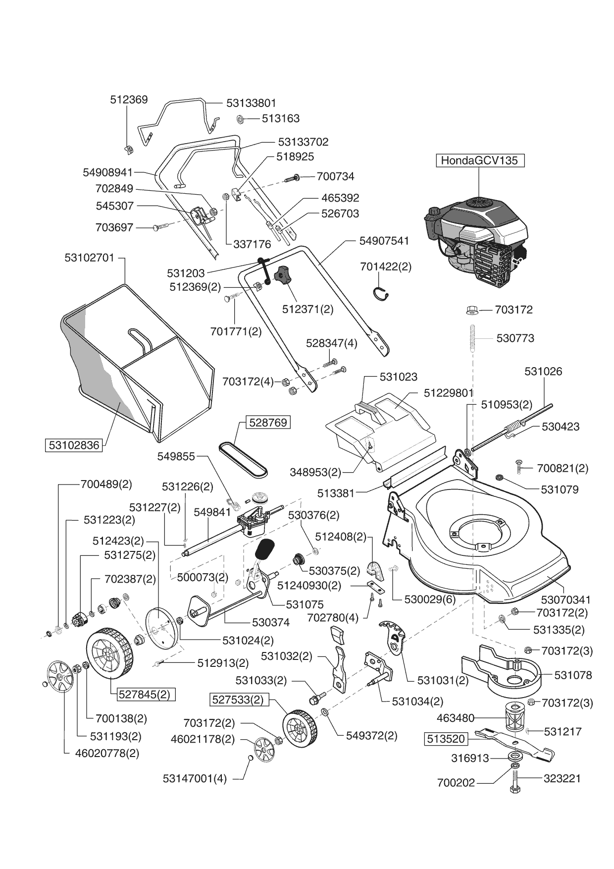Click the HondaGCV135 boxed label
479,161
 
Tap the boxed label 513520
446,739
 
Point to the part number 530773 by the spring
515,338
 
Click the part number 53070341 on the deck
566,600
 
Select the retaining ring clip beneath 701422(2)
380,293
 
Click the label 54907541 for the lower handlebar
384,241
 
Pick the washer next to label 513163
240,119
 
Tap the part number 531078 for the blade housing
573,675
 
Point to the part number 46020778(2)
107,753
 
